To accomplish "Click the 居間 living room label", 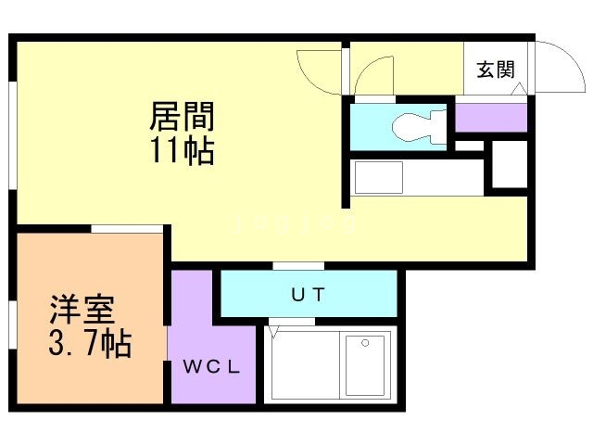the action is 183,117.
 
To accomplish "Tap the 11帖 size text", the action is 183,150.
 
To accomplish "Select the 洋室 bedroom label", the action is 82,310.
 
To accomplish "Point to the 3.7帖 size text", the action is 90,344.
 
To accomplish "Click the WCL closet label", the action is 212,367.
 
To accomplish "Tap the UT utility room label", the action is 308,295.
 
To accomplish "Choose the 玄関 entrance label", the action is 496,70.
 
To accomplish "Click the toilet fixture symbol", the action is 419,126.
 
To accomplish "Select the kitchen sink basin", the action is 379,177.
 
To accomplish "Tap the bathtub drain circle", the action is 365,343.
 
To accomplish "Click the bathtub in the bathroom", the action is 365,364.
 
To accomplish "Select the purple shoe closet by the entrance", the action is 491,118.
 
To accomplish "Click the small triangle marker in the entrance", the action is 518,89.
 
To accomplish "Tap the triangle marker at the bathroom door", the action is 274,332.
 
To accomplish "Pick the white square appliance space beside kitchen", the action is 510,164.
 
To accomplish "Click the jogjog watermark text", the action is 295,222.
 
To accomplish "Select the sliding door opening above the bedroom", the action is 127,229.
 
